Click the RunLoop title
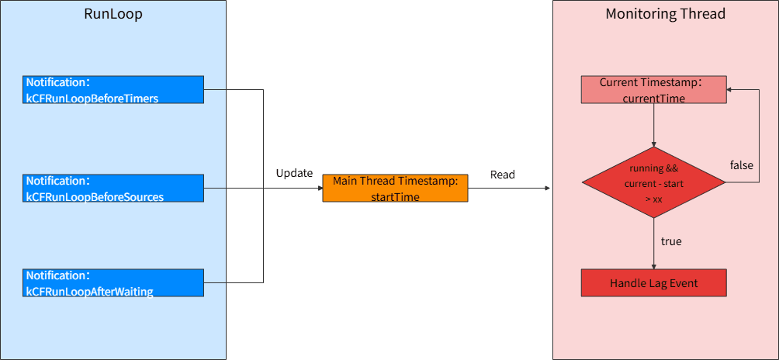coord(113,14)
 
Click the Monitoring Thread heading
coord(665,14)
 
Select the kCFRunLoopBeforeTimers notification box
coord(113,89)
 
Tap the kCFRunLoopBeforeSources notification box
coord(113,189)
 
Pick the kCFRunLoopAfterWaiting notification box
coord(113,283)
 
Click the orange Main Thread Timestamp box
coord(395,189)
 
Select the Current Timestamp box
coord(654,89)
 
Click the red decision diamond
coord(654,182)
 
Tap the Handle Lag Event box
coord(654,283)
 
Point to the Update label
coord(295,173)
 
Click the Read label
coord(503,175)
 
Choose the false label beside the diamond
coord(741,164)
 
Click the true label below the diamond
coord(671,242)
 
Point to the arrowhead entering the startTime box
coord(320,189)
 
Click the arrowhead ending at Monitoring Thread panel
coord(547,189)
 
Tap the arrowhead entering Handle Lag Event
coord(654,266)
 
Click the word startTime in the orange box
coord(395,197)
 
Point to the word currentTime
coord(654,99)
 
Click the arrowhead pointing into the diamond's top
coord(654,144)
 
